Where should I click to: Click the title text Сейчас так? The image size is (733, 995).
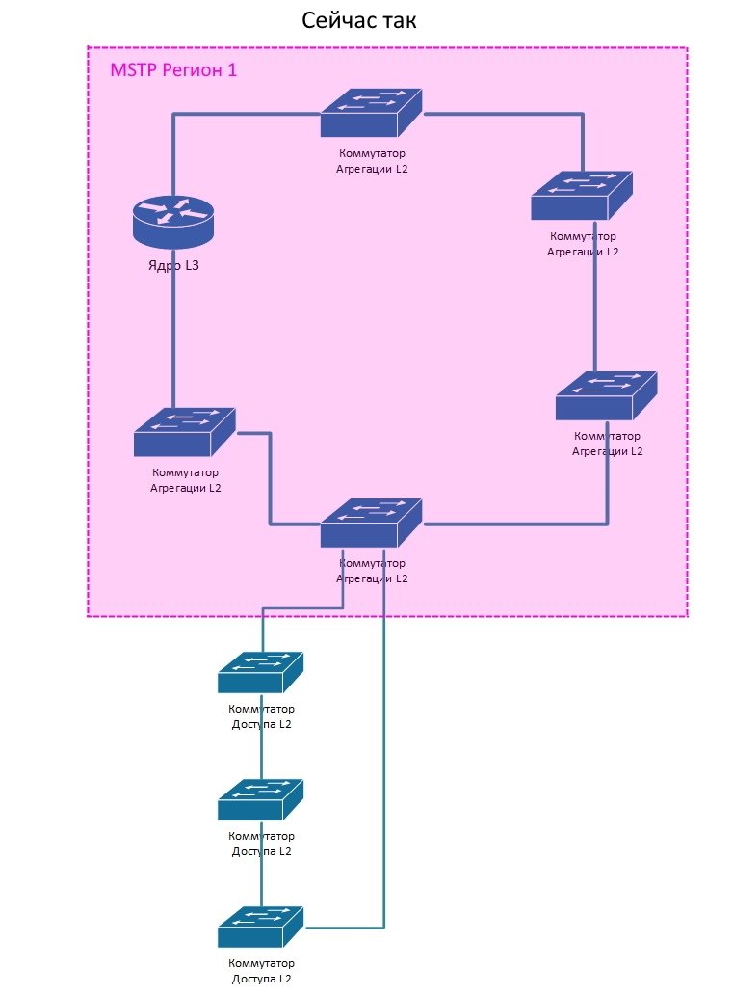pos(359,20)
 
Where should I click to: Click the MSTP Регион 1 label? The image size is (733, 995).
pos(174,70)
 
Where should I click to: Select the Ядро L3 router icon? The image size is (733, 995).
pos(173,218)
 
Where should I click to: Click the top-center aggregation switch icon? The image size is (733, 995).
pos(371,113)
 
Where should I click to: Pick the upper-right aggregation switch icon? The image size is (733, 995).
pos(581,196)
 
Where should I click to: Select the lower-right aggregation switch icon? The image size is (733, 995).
pos(606,395)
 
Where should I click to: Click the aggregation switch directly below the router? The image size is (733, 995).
pos(184,432)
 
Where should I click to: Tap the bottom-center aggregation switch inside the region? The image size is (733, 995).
pos(371,524)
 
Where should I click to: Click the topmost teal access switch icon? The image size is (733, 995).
pos(260,672)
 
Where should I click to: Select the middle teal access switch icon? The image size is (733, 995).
pos(260,799)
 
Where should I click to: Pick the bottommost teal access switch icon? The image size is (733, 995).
pos(260,927)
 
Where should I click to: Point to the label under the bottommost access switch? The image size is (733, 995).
pos(261,971)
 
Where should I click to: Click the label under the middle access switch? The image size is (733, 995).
pos(261,844)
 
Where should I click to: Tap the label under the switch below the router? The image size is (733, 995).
pos(185,480)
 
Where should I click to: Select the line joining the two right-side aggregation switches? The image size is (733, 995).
pos(595,309)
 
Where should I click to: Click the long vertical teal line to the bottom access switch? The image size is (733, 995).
pos(384,771)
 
